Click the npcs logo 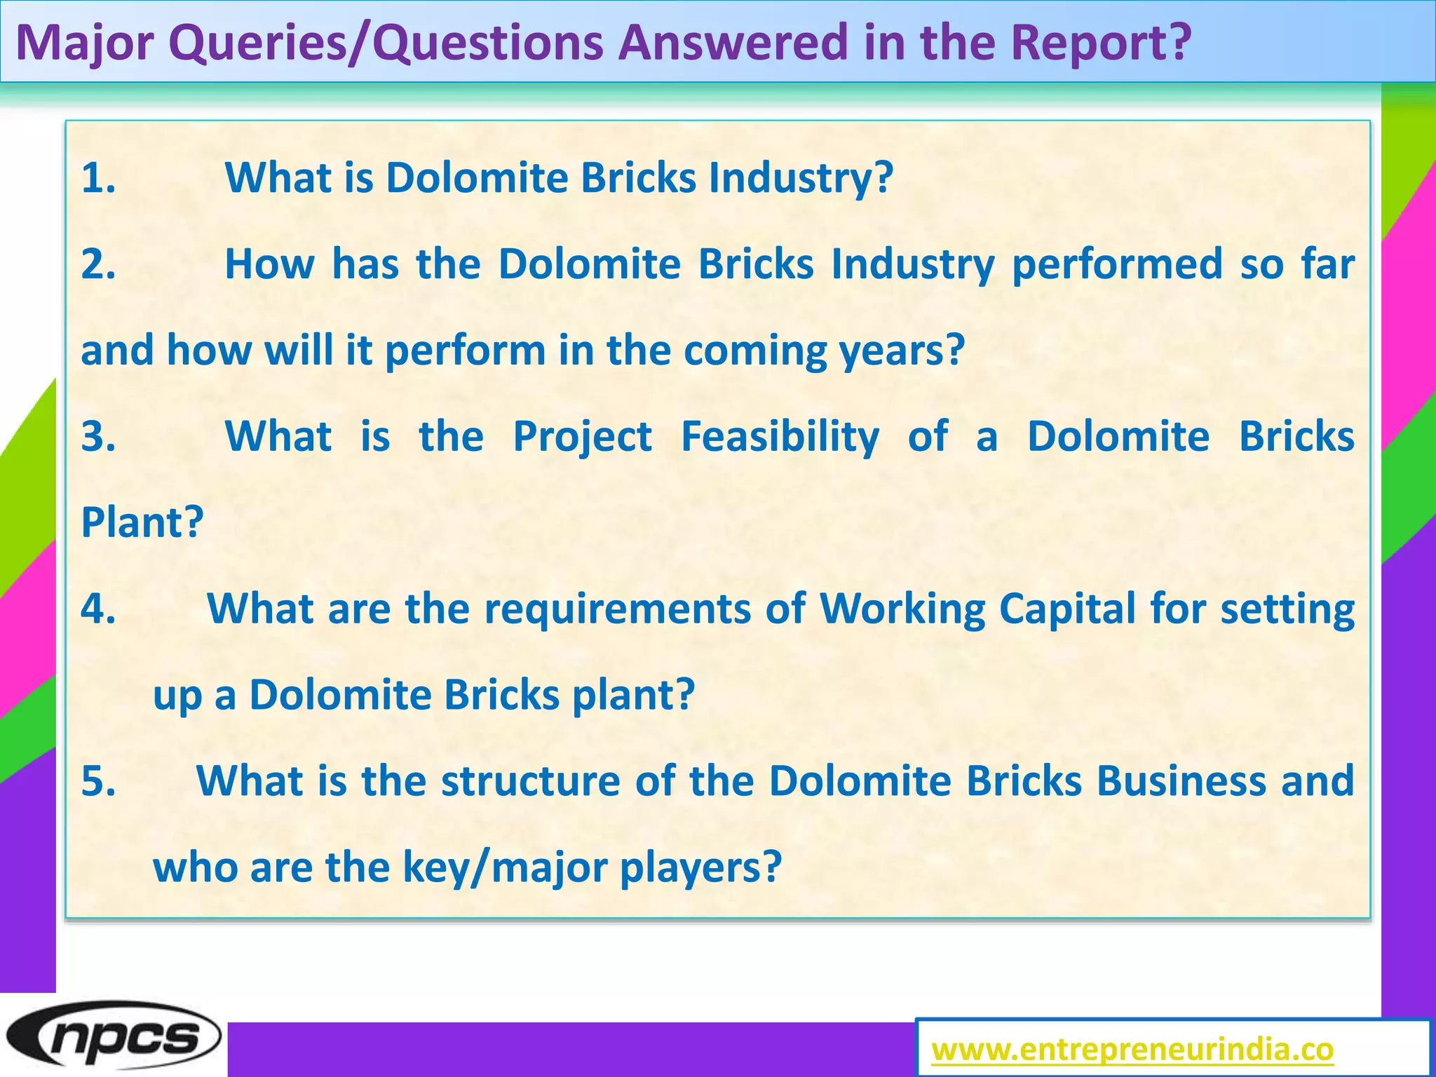pos(112,1036)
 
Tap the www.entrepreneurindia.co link pos(1132,1050)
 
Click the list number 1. pos(98,177)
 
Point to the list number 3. pos(98,436)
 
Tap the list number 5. pos(98,780)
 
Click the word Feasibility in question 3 pos(780,438)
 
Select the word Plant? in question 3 pos(142,522)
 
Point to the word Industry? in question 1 pos(801,178)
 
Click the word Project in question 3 pos(582,438)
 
